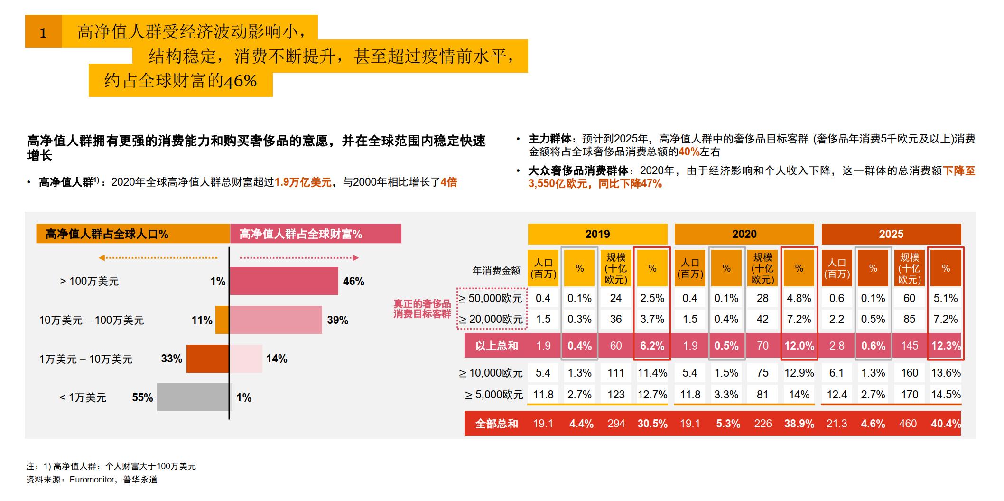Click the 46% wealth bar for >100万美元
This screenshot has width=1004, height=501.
point(284,281)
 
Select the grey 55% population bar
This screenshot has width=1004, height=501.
point(193,397)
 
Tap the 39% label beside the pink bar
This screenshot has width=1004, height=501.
point(337,320)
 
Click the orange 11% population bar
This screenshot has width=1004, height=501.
point(222,320)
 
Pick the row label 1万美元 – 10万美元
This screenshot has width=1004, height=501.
point(86,359)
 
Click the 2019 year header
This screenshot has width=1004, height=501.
point(597,234)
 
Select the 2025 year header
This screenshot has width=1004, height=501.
point(891,234)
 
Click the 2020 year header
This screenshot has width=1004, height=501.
point(744,234)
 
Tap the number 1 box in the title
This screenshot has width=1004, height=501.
point(43,32)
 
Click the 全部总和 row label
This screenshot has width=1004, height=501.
point(496,424)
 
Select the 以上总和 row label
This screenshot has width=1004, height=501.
point(496,346)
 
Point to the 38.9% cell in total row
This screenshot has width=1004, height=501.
point(799,424)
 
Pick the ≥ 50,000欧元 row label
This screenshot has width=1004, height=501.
point(490,298)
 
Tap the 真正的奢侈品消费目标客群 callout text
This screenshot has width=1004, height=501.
point(422,309)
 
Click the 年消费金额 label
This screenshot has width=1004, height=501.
point(496,271)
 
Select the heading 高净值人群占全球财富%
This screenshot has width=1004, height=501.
point(300,234)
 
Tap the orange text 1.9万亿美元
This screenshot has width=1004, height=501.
point(303,182)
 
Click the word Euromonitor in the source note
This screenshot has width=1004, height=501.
point(92,480)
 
